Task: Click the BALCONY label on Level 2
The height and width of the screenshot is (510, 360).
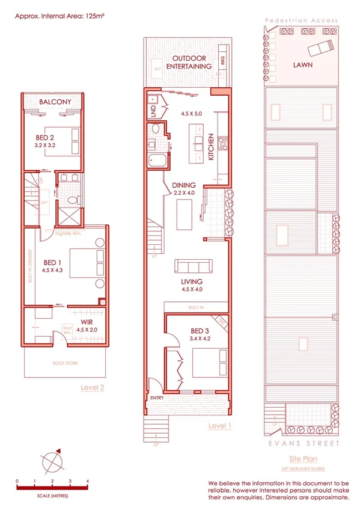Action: [x=55, y=102]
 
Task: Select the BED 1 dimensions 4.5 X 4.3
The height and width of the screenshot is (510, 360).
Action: [x=53, y=271]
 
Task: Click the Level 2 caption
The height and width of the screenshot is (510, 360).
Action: [x=93, y=388]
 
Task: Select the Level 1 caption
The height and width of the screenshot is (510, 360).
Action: [x=219, y=426]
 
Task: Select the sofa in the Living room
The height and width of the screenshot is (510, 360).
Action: [x=192, y=266]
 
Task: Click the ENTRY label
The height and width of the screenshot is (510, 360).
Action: [x=158, y=398]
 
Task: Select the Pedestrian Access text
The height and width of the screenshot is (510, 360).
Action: [x=301, y=20]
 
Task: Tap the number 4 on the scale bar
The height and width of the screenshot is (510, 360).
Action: [x=88, y=482]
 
